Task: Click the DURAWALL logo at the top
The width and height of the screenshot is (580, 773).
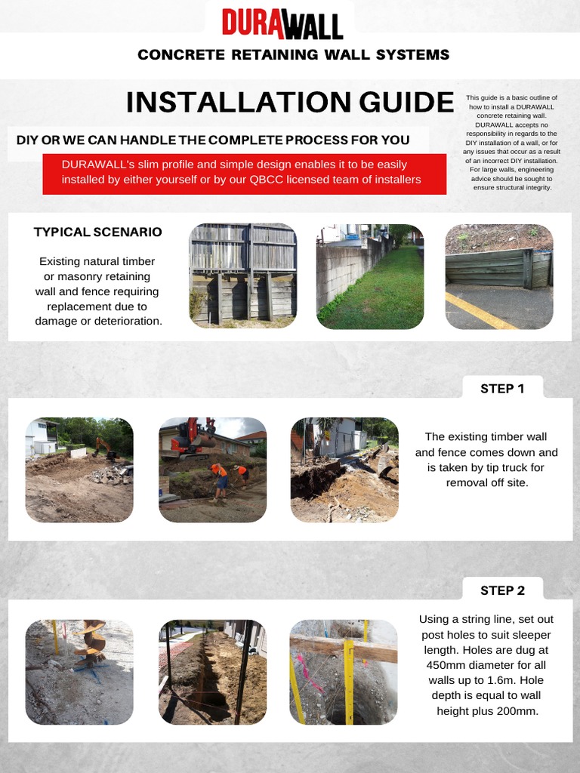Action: pos(282,23)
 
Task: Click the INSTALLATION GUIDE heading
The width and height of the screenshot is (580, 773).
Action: pos(290,102)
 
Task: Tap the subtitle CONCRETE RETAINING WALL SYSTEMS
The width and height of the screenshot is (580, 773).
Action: pos(293,54)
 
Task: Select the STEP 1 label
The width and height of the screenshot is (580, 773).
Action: pos(501,389)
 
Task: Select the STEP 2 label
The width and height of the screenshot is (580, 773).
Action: pos(502,590)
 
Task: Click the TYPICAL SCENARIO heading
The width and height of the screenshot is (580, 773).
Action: pos(97,232)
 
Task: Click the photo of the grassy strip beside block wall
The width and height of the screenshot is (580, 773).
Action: pos(369,276)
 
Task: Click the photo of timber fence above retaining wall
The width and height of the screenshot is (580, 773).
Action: pos(242,276)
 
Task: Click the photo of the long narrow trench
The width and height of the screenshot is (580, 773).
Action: pos(212,672)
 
